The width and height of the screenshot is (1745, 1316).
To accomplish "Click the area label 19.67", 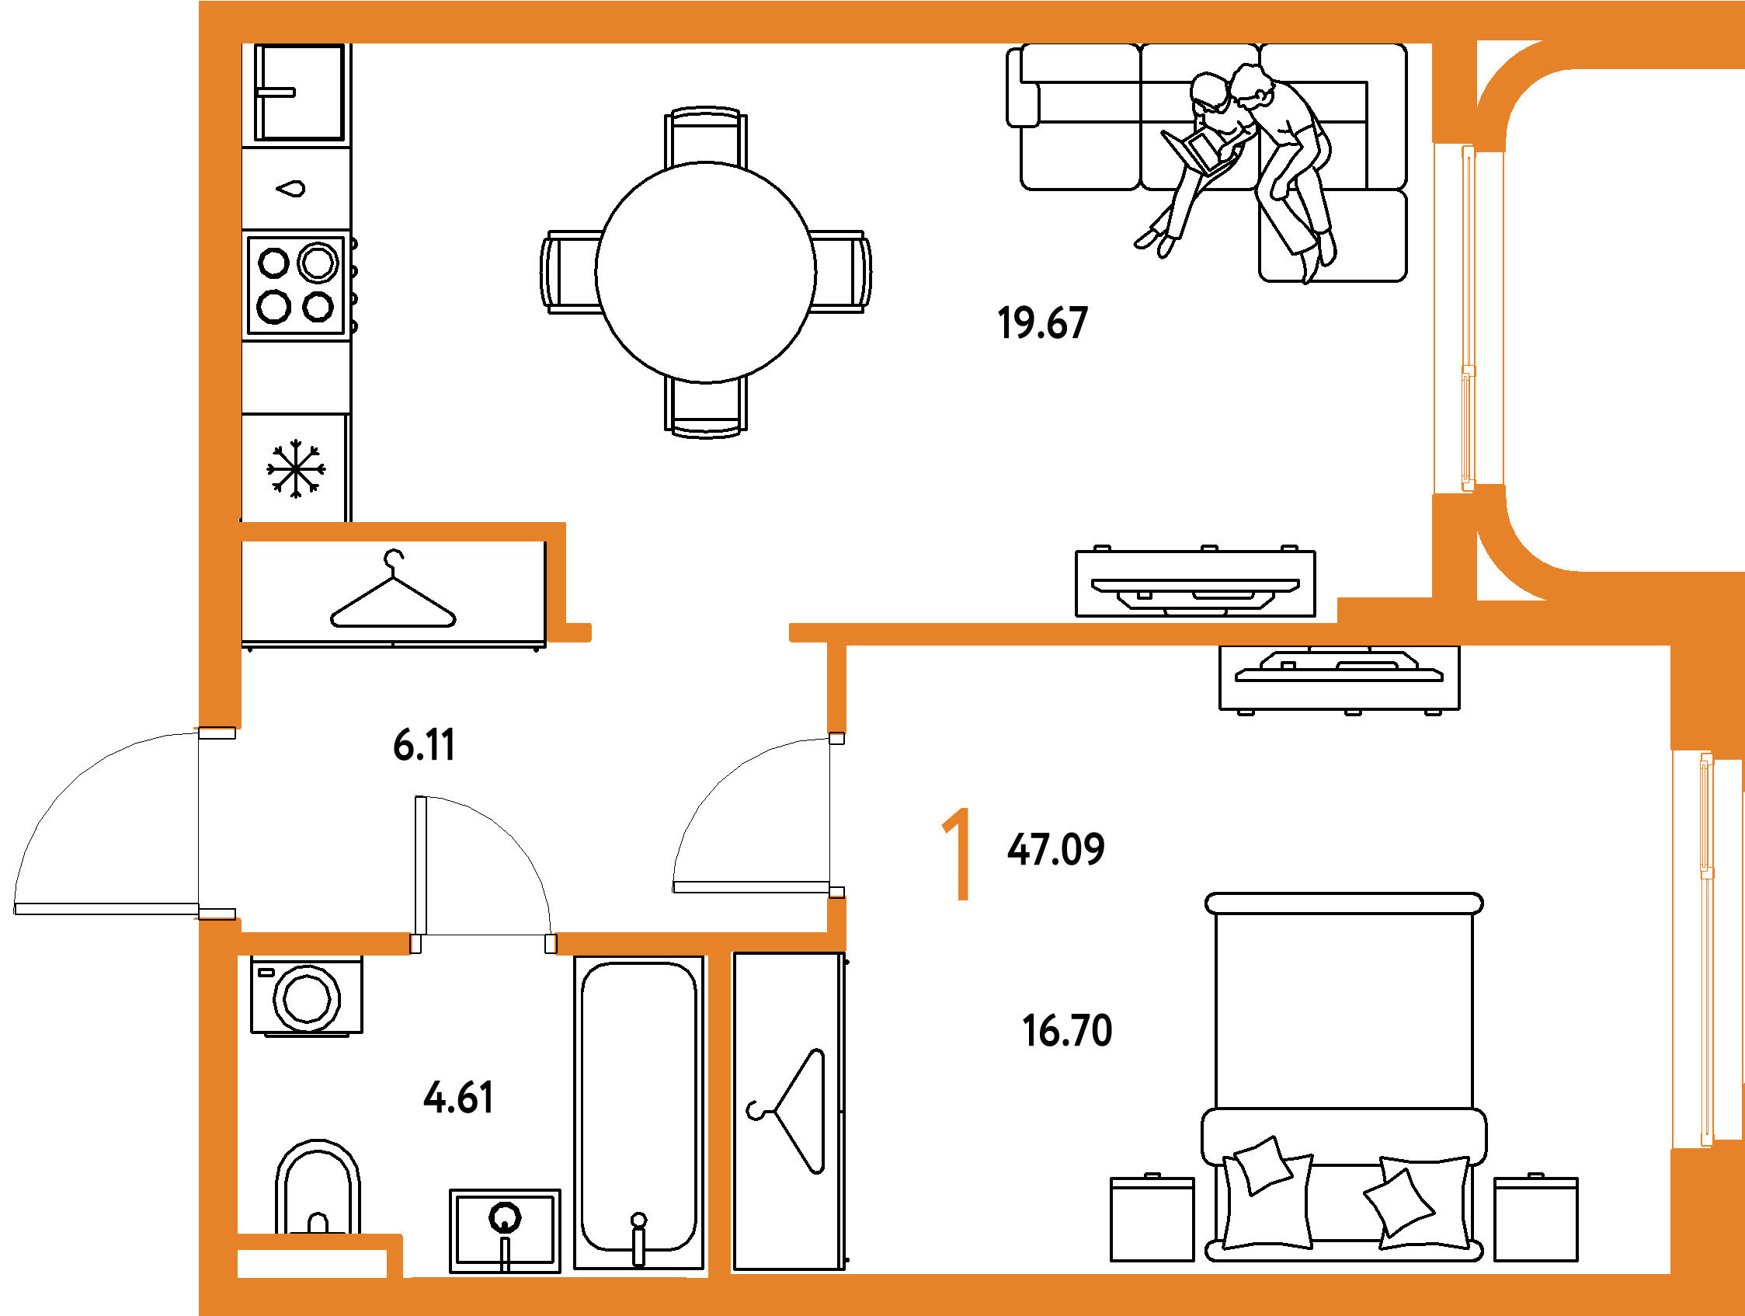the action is tap(1043, 323).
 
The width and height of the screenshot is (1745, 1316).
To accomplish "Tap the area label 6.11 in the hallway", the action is tap(425, 745).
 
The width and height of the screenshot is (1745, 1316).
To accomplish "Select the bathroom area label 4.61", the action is tap(458, 1098).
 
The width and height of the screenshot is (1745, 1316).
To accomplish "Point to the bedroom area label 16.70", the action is tap(1067, 1031).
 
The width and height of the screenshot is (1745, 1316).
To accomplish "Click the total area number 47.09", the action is tap(1056, 850).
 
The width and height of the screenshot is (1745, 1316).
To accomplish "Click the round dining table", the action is tap(706, 273).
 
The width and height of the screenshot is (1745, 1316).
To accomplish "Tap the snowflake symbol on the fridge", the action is tap(296, 468).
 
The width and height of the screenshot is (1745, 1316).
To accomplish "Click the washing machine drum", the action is tap(307, 999).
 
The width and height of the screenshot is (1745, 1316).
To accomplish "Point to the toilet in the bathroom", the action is tap(318, 1187).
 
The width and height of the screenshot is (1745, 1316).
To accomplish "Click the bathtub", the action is tap(639, 1112).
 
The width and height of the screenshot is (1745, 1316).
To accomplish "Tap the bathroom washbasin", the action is tap(505, 1231).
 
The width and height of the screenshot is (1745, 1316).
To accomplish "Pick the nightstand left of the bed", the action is tap(1152, 1218).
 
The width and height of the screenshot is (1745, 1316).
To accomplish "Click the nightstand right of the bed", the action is tap(1536, 1218).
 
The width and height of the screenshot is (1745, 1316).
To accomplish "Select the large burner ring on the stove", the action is tap(318, 263).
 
